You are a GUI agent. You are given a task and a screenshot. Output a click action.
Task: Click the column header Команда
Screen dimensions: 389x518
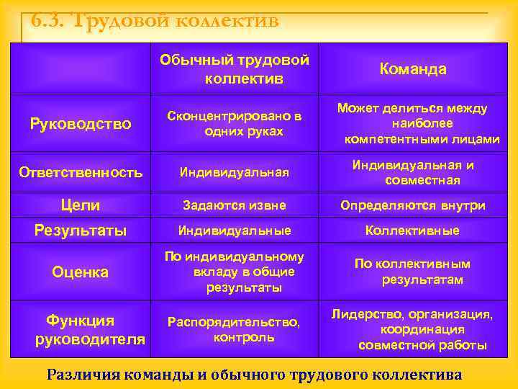[x=413, y=69]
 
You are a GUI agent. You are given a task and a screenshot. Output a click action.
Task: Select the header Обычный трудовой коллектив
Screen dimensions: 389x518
[x=234, y=69]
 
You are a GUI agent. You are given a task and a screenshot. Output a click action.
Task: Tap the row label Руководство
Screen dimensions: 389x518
[x=81, y=124]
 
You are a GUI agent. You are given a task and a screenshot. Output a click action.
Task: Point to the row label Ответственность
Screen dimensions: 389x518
[x=81, y=172]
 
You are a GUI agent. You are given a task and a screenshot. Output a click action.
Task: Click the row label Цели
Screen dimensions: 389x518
[x=81, y=205]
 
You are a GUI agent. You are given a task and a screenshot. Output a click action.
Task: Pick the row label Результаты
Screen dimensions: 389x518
[x=81, y=231]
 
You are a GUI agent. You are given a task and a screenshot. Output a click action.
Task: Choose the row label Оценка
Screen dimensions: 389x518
[x=81, y=272]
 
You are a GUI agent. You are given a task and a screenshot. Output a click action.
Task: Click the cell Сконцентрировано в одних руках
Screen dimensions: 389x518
[x=234, y=123]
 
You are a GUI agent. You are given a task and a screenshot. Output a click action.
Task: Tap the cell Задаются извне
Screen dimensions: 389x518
[x=234, y=205]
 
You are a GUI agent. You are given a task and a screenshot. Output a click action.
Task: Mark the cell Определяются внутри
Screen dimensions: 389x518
[x=413, y=205]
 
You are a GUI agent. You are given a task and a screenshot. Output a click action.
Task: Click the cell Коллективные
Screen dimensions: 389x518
[x=413, y=231]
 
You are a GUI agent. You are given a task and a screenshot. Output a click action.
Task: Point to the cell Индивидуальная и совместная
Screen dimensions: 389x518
[x=413, y=172]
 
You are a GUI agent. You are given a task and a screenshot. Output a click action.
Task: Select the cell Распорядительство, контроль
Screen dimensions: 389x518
[x=234, y=328]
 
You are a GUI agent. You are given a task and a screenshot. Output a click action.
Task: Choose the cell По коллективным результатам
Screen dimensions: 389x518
[x=413, y=271]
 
